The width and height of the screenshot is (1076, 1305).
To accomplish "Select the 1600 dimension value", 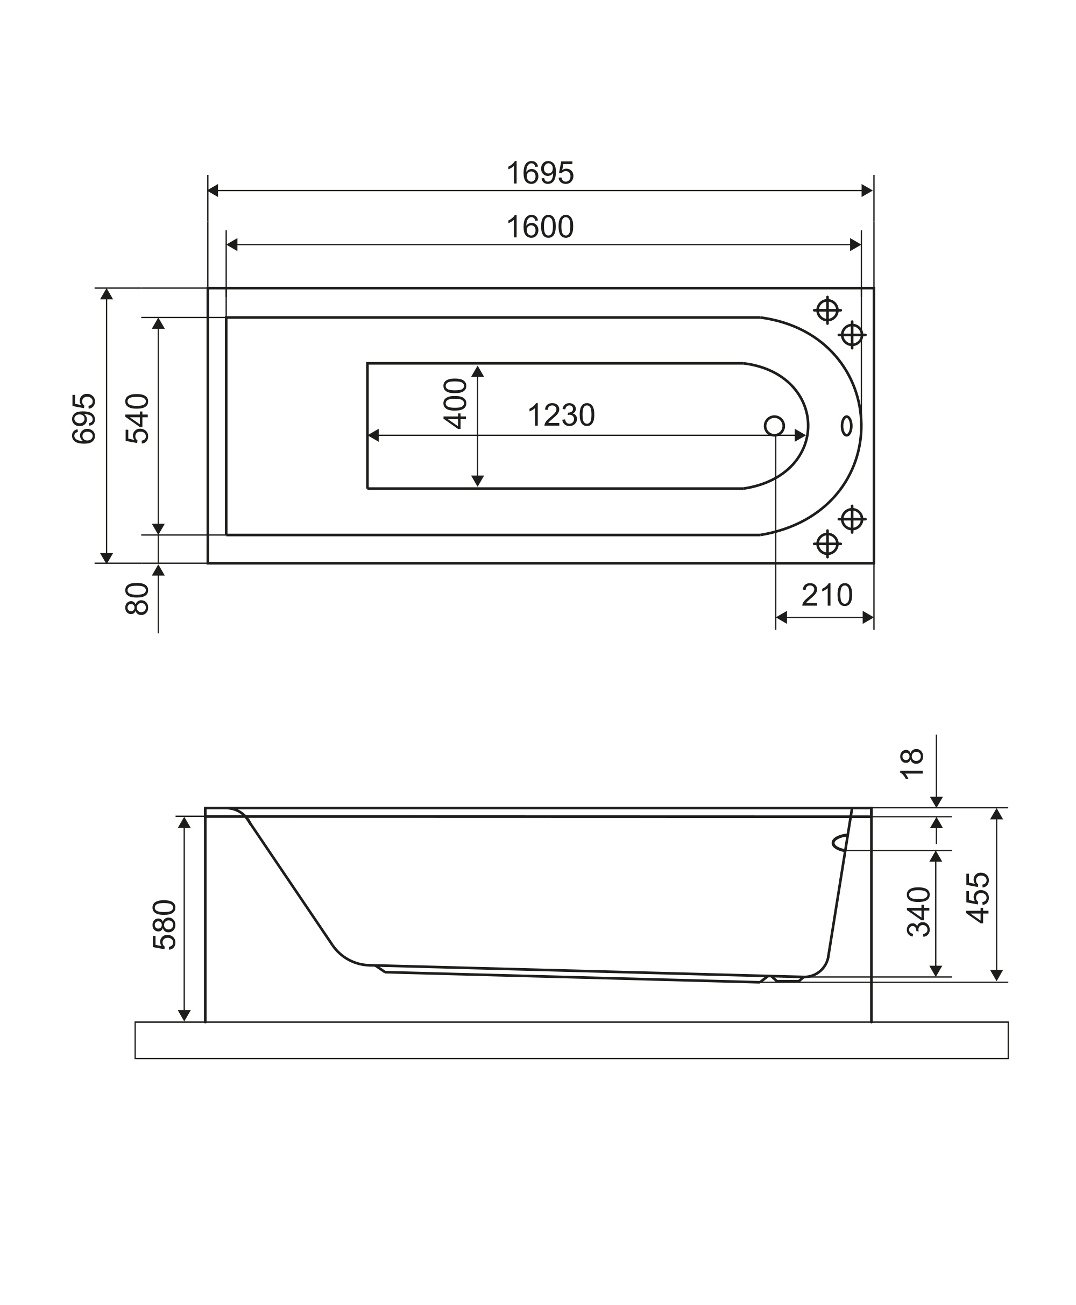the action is pos(540,227).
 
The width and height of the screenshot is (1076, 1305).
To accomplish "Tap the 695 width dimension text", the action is pos(85,419).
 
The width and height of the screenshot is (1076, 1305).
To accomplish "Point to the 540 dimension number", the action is pos(138,419).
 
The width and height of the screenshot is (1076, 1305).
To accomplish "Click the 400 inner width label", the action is pos(456,404).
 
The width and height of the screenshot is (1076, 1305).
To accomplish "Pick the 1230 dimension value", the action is pos(561,415).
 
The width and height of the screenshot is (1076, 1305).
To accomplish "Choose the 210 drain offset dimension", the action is pos(827,595).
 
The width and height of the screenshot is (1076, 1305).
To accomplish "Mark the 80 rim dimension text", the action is pos(137,599).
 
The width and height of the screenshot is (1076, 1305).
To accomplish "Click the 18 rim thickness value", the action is pos(912,764).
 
